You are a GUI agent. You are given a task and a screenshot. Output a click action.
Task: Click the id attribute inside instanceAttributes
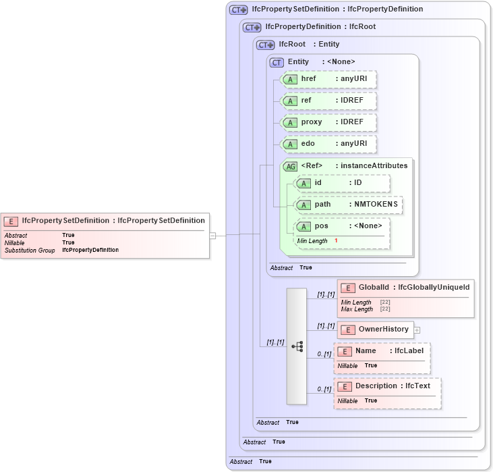click(342, 183)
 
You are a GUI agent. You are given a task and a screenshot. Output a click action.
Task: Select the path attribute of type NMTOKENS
click(349, 205)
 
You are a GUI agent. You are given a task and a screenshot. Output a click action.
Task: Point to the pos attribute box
click(342, 226)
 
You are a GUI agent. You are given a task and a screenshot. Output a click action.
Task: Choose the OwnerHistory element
click(374, 330)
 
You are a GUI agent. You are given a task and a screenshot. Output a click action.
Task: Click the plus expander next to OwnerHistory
click(417, 330)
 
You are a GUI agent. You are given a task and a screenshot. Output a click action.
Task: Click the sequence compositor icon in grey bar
click(297, 346)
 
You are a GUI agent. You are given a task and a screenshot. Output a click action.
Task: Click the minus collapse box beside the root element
click(212, 236)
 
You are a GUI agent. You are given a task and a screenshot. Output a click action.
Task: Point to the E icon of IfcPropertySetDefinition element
click(11, 221)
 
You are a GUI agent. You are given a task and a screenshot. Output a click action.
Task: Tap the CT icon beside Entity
click(277, 62)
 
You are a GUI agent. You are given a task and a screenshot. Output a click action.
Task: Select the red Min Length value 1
click(336, 241)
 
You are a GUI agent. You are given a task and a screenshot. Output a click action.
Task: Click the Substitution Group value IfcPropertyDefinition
click(90, 250)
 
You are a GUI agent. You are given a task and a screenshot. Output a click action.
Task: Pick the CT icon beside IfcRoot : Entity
click(266, 45)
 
